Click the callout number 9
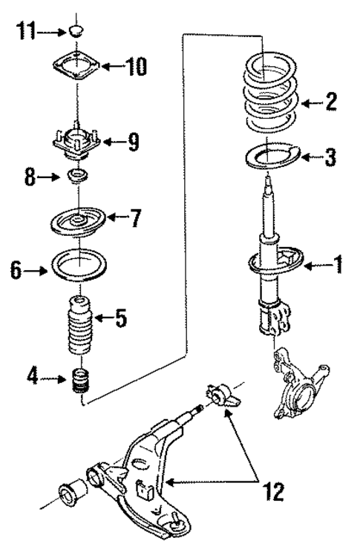point(132,142)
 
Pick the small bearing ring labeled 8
point(76,177)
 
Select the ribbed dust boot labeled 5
point(76,324)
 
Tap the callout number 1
point(338,265)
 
